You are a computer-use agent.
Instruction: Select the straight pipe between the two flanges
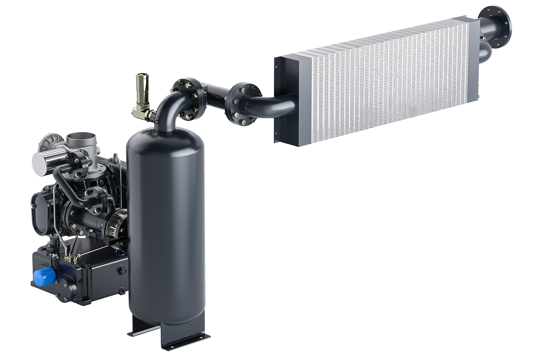coord(216,98)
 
